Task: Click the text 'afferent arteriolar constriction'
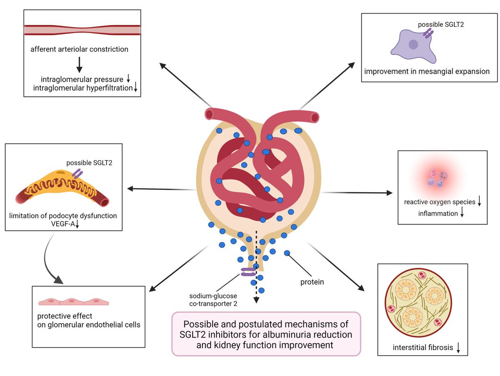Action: pos(79,50)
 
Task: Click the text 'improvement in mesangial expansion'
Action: pos(427,71)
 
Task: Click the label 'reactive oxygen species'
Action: pos(440,202)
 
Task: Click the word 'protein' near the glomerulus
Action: pos(312,282)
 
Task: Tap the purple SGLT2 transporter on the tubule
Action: pos(248,272)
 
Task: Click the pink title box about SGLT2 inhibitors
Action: pos(266,334)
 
